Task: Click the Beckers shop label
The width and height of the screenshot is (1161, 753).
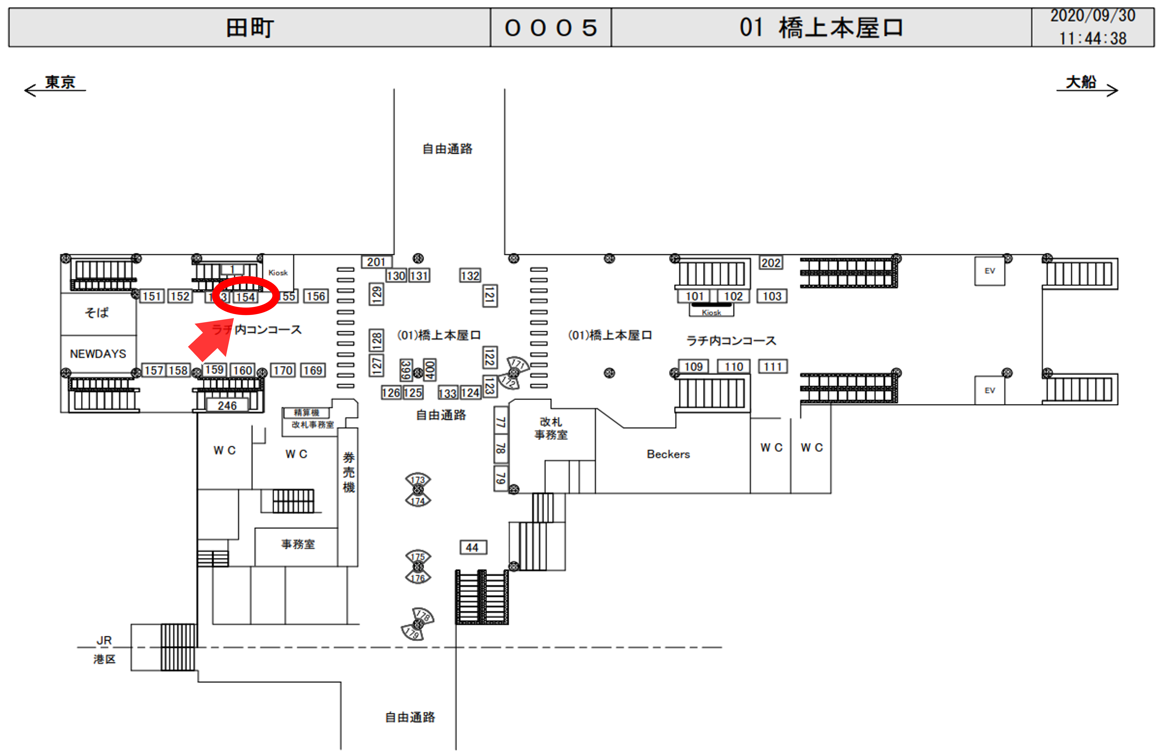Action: [x=668, y=454]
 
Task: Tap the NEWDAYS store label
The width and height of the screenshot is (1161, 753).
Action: [x=98, y=354]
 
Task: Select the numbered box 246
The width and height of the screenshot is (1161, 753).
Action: [x=227, y=406]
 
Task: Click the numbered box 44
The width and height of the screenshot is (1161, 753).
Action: [x=472, y=547]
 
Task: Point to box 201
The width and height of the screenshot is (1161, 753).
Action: [x=376, y=262]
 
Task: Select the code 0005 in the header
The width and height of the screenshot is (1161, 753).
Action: [x=550, y=28]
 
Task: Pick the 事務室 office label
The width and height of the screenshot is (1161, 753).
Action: [x=298, y=544]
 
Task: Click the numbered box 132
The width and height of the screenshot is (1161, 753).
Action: [x=470, y=276]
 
